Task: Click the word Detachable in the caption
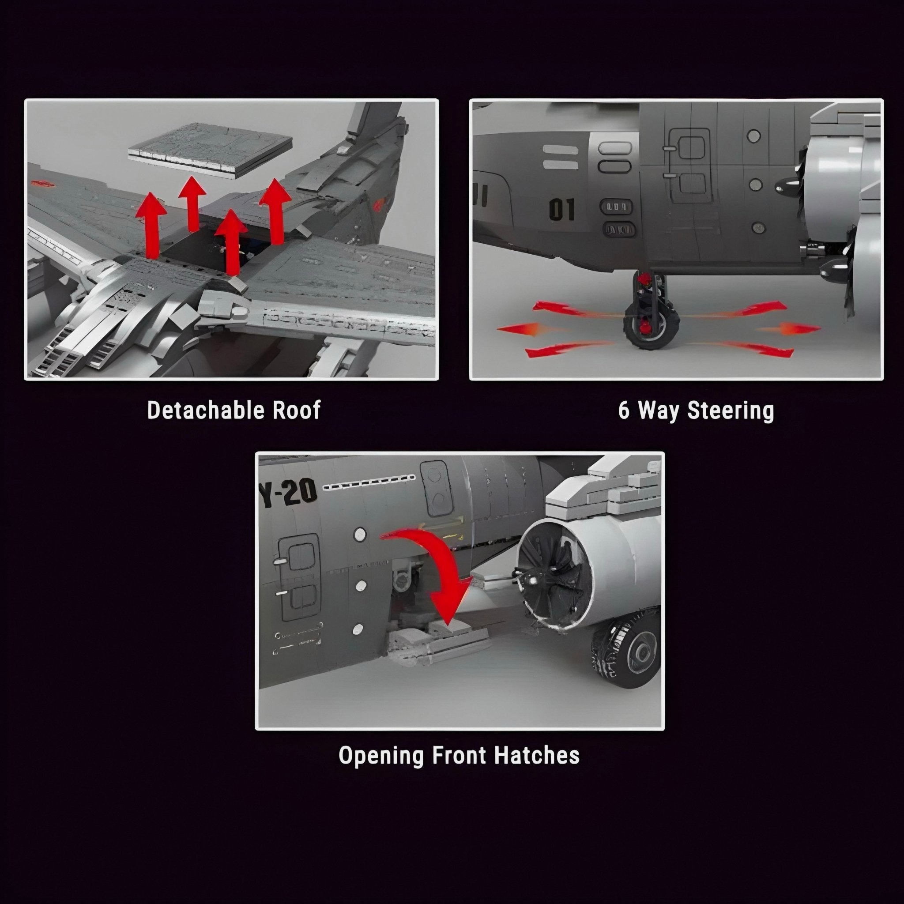coord(201,411)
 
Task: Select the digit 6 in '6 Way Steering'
coord(624,411)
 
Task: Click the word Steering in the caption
coord(731,411)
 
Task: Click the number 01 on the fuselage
coord(561,209)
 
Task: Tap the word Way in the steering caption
coord(661,411)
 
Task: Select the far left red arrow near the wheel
coord(520,329)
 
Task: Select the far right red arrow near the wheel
coord(791,329)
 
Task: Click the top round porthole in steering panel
coord(753,136)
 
